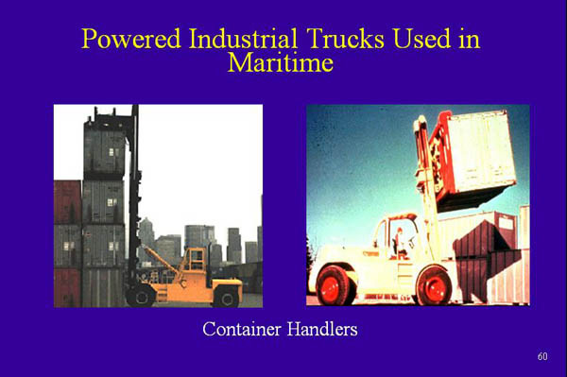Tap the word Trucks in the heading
[346, 40]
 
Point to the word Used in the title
[425, 40]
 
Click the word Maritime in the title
[281, 63]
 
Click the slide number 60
[541, 356]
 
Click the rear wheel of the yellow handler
[224, 295]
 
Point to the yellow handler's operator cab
[194, 261]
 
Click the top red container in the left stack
[67, 200]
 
